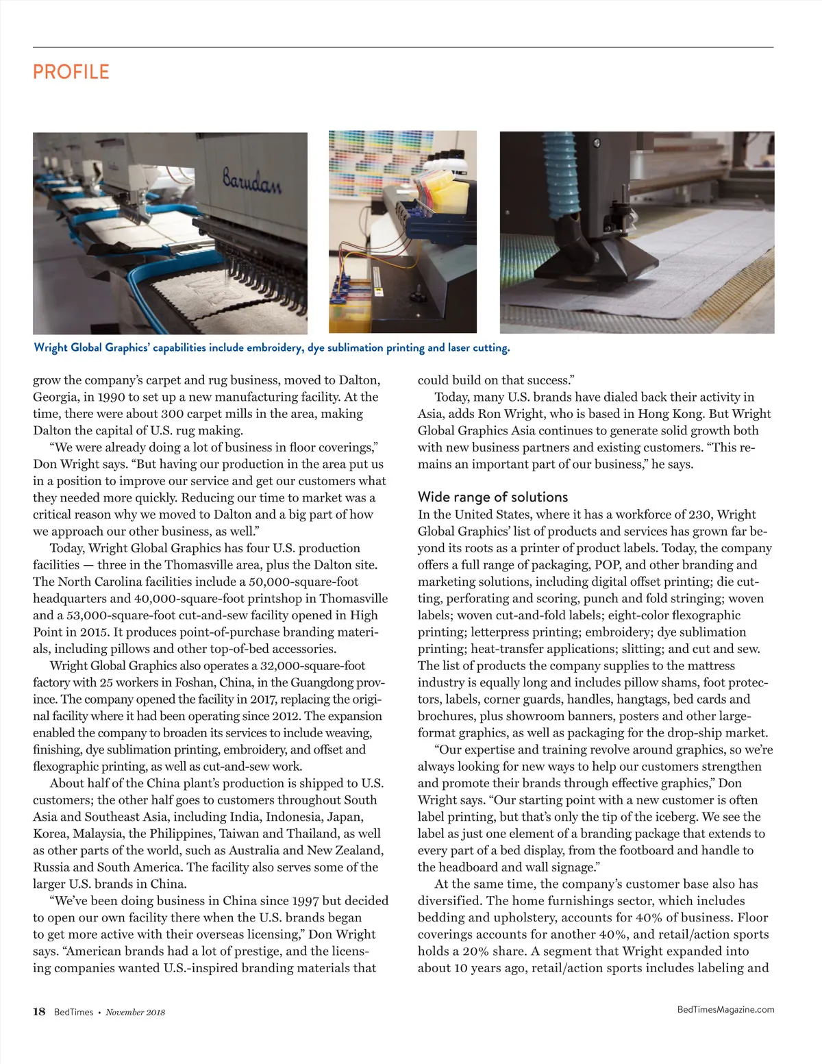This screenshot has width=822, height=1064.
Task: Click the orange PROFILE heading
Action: click(x=71, y=72)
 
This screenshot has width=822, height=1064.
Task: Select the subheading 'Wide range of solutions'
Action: click(x=493, y=497)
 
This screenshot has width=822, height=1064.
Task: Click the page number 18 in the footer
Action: click(x=39, y=1011)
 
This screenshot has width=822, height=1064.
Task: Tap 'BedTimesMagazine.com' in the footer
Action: click(x=725, y=1009)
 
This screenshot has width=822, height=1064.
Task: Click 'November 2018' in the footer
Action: click(x=135, y=1012)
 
